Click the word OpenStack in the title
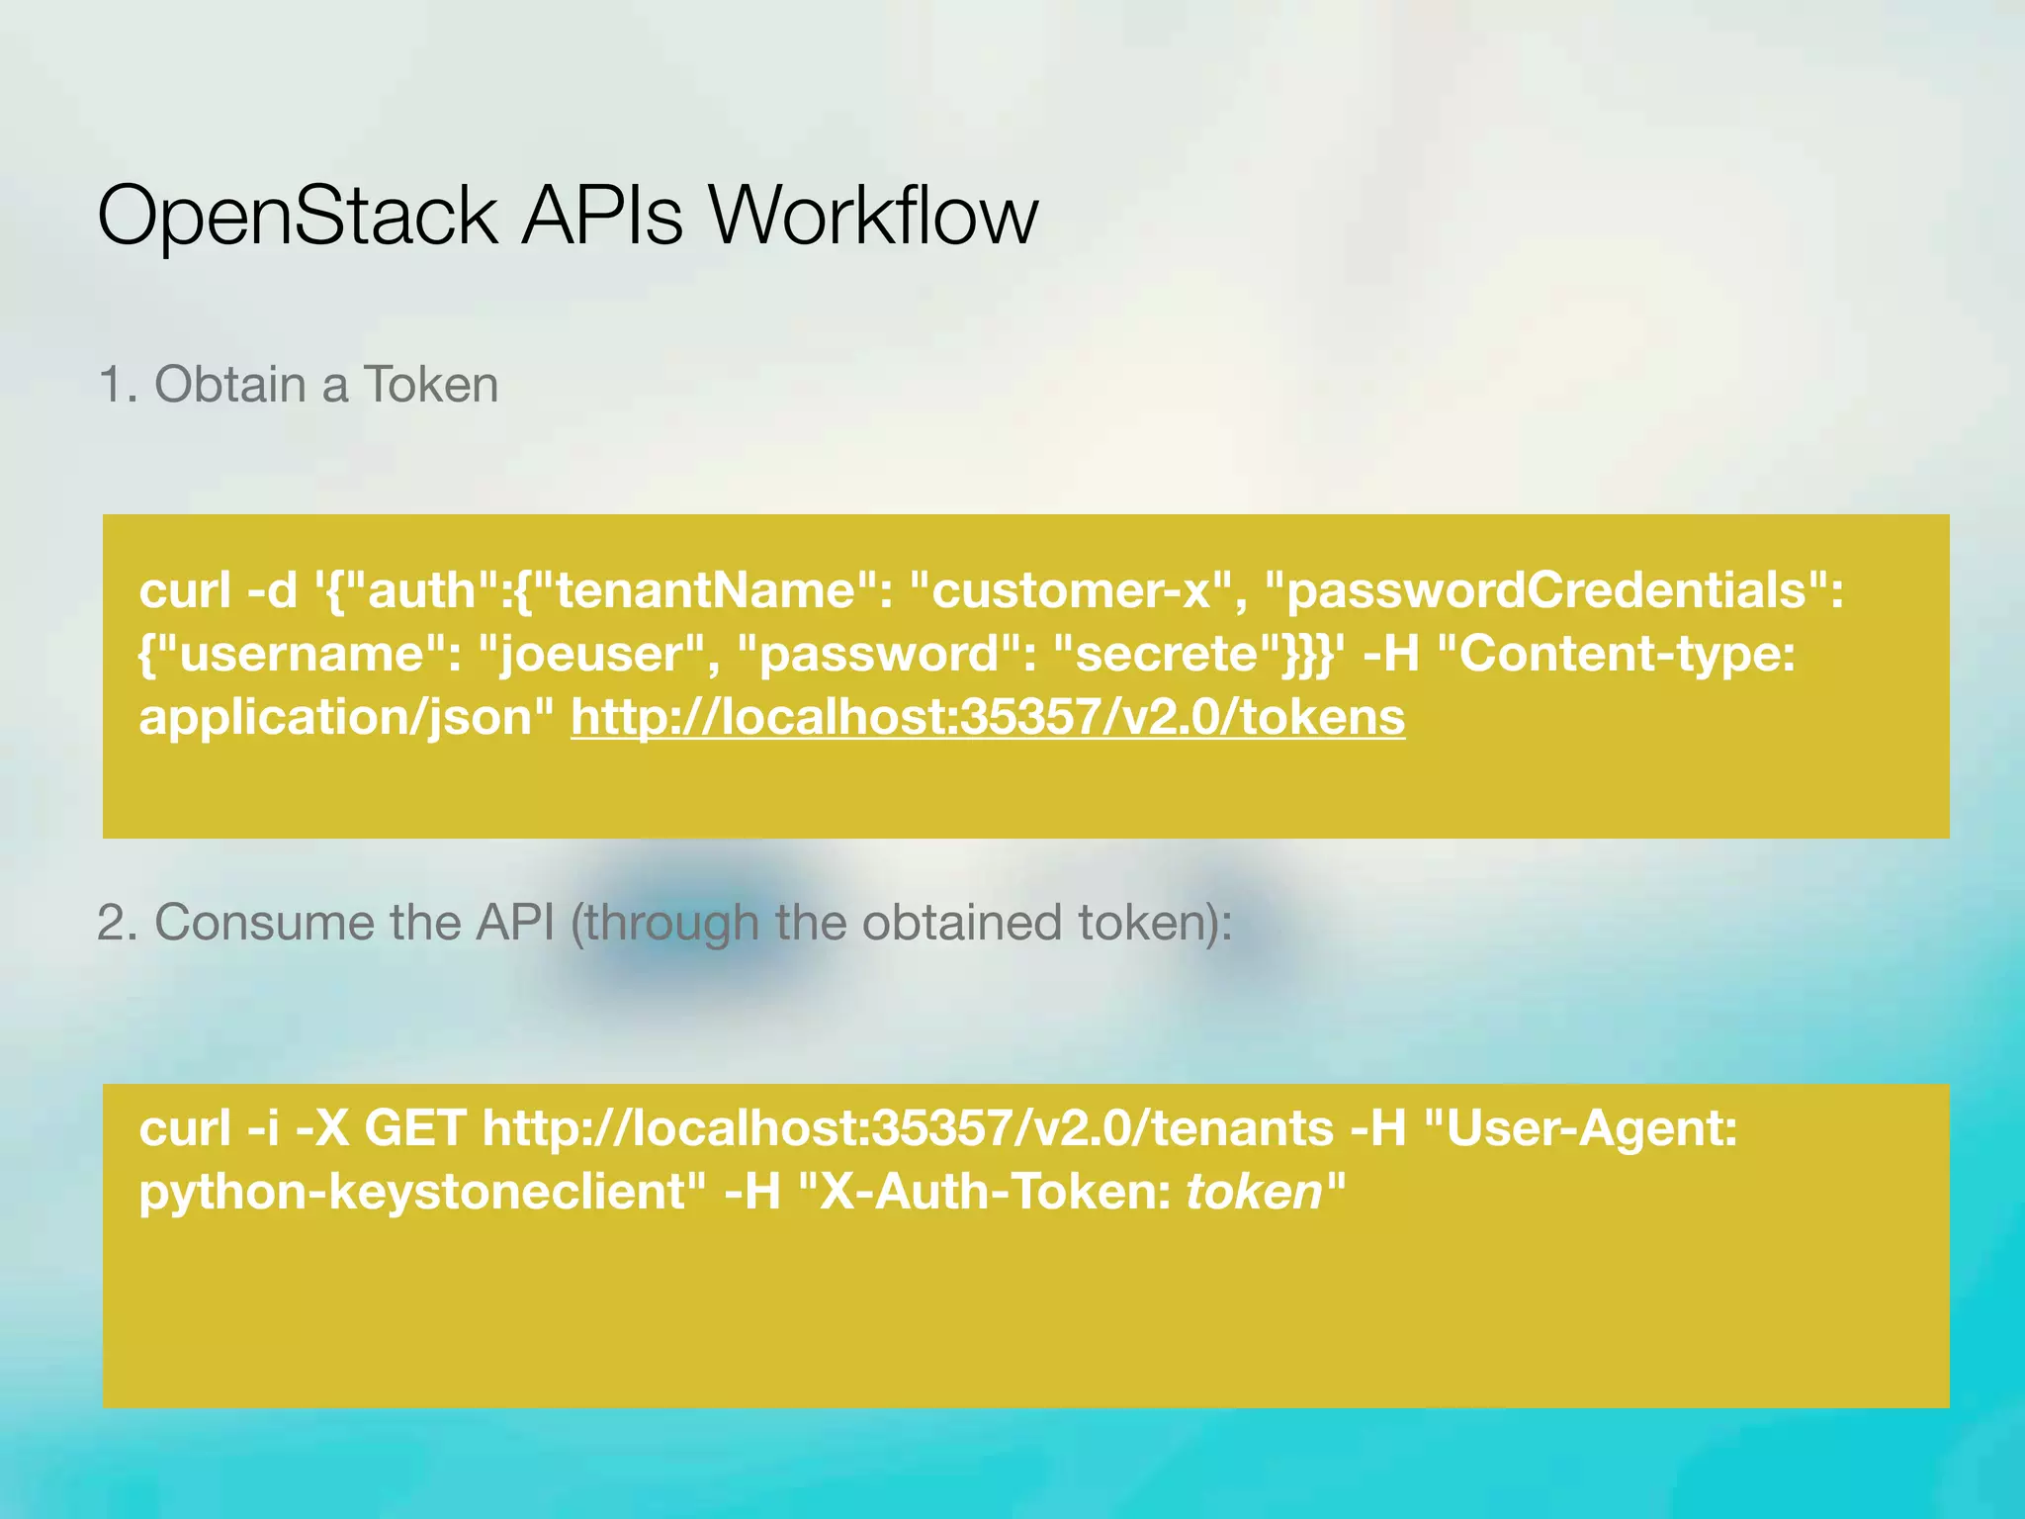(297, 216)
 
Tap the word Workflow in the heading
(872, 216)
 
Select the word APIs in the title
(602, 216)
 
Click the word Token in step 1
(431, 385)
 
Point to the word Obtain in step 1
(230, 385)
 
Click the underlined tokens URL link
(987, 717)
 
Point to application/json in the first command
(346, 717)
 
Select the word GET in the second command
(415, 1128)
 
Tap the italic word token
(1254, 1192)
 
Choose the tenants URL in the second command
(908, 1128)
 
